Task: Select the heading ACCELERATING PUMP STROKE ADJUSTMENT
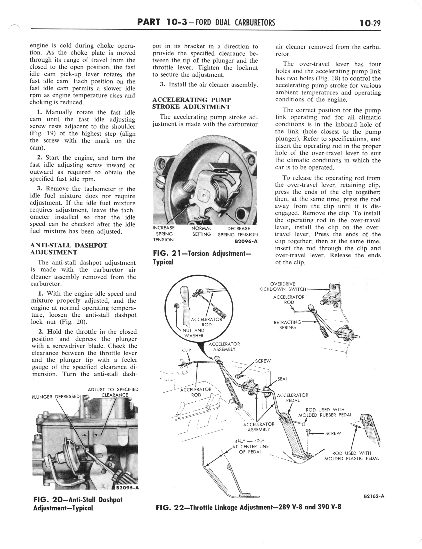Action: (x=191, y=103)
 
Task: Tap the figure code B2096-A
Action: (x=246, y=241)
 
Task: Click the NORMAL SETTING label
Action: (x=201, y=231)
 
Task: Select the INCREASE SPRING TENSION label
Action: (x=164, y=234)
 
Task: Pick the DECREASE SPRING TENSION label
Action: (x=238, y=232)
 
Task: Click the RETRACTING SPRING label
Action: (x=287, y=325)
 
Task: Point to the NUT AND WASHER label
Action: (x=193, y=333)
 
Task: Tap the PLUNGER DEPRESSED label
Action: (x=55, y=397)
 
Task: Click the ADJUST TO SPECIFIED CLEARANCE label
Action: (x=113, y=392)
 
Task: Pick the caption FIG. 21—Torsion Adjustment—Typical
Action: (x=202, y=258)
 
